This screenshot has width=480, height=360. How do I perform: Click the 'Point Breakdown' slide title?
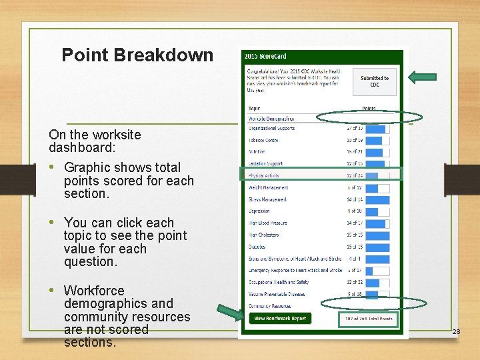pyautogui.click(x=137, y=55)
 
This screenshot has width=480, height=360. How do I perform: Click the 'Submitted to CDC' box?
pyautogui.click(x=374, y=81)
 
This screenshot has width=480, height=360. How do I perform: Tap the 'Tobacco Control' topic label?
pyautogui.click(x=263, y=140)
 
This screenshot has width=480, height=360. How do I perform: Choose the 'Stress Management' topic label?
pyautogui.click(x=267, y=199)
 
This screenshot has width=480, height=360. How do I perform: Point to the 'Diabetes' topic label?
pyautogui.click(x=257, y=247)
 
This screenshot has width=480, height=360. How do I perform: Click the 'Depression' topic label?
pyautogui.click(x=259, y=211)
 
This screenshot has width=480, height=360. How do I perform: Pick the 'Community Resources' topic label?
pyautogui.click(x=269, y=306)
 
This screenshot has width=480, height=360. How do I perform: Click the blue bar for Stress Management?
pyautogui.click(x=378, y=199)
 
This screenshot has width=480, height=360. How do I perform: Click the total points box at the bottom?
pyautogui.click(x=367, y=319)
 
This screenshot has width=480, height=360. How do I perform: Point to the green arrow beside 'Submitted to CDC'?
pyautogui.click(x=421, y=77)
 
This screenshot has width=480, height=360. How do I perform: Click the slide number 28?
pyautogui.click(x=456, y=331)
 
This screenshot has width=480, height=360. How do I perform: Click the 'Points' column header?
pyautogui.click(x=369, y=109)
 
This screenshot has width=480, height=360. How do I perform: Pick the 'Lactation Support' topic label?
pyautogui.click(x=265, y=163)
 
